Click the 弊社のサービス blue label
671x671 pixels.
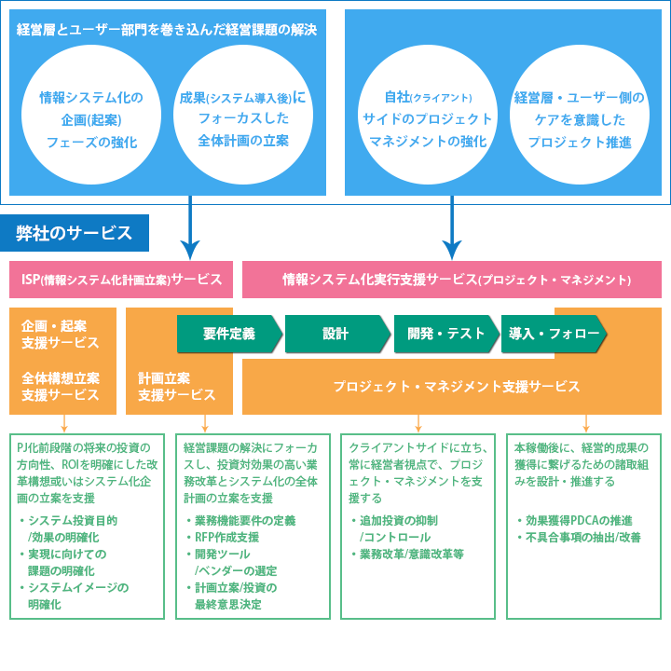point(75,233)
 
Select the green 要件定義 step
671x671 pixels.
point(228,334)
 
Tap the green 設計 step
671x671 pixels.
point(335,334)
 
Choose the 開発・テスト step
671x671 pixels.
point(446,334)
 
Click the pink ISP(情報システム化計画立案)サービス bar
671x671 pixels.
point(121,279)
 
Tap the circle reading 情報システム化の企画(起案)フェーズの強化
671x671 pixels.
point(91,119)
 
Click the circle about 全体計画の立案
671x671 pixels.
point(242,119)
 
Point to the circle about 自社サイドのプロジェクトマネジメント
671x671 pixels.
point(428,119)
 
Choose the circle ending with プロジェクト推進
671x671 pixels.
point(579,119)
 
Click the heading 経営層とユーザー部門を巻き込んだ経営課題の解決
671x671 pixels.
point(167,30)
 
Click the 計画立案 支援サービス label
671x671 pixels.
point(164,386)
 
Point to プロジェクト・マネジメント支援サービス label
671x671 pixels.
point(457,386)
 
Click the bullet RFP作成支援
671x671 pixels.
point(227,537)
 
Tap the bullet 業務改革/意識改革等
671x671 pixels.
point(411,554)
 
